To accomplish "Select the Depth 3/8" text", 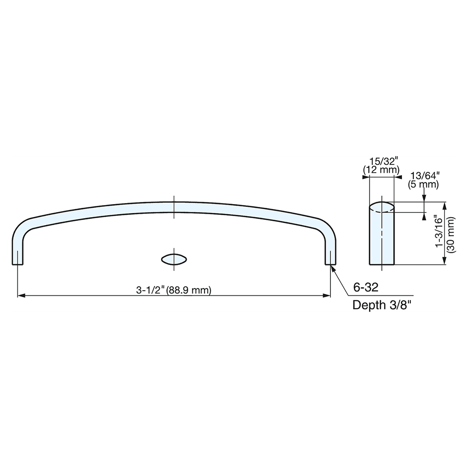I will point(382,306).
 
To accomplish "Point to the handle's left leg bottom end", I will point(17,263).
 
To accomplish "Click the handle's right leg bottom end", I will point(331,263).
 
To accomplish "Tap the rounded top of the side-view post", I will point(382,206).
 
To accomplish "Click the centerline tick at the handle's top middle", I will point(174,206).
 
